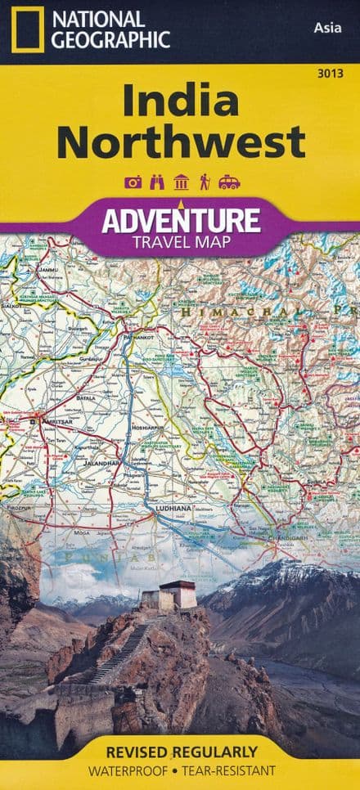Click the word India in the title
pyautogui.click(x=181, y=101)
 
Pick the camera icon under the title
pyautogui.click(x=133, y=182)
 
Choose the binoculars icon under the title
pyautogui.click(x=157, y=182)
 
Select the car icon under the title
pyautogui.click(x=229, y=182)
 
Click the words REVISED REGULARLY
pyautogui.click(x=181, y=751)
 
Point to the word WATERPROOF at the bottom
pyautogui.click(x=132, y=770)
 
